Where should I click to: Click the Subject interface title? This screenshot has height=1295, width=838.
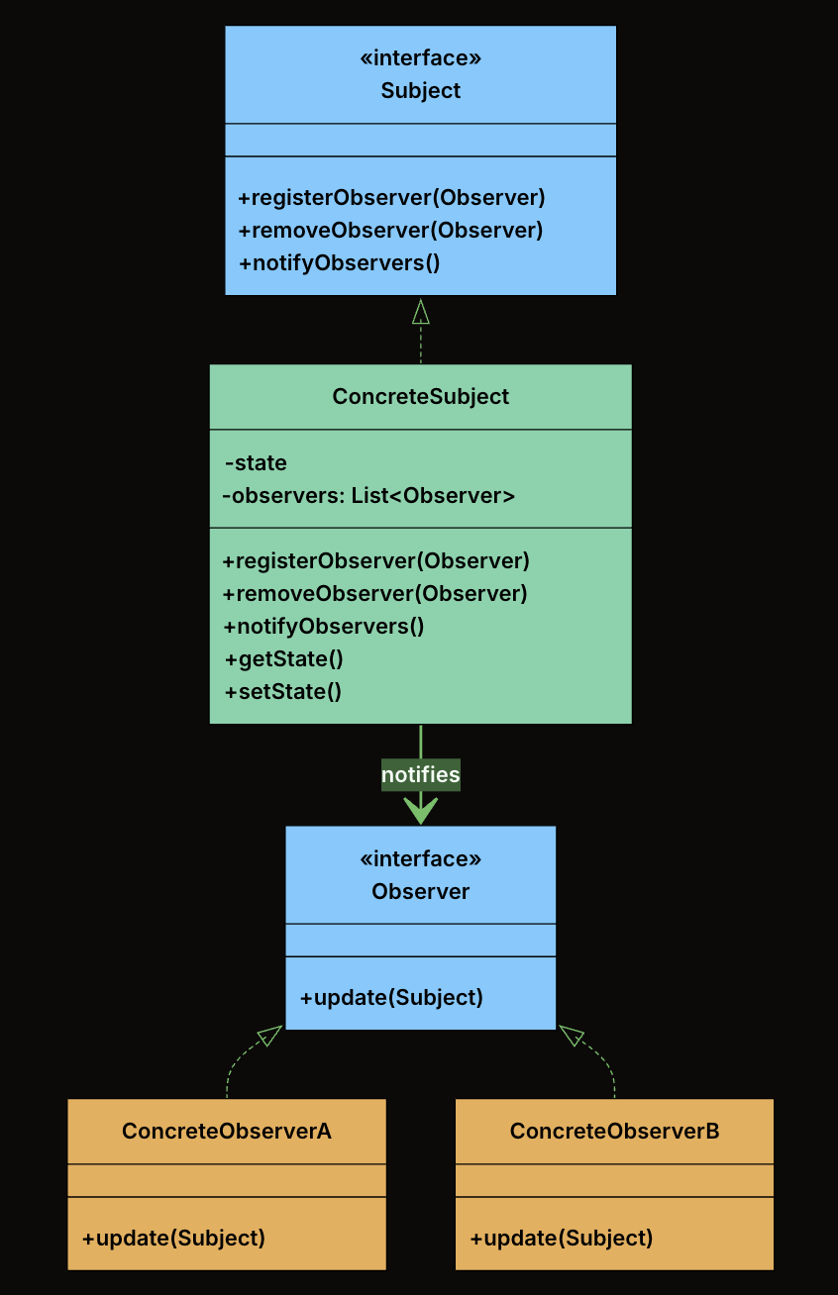pos(420,91)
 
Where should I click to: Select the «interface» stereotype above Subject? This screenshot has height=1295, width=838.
pos(420,58)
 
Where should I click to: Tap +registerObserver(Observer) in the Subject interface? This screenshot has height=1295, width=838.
pos(391,197)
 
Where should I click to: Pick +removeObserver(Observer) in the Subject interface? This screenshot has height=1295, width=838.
pos(390,230)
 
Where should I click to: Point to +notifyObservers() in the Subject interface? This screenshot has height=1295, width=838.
pos(339,262)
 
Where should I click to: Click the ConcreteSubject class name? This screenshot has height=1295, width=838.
pos(420,396)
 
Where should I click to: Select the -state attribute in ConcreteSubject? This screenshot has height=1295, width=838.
pos(256,462)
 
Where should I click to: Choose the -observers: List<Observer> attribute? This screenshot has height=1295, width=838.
pos(368,495)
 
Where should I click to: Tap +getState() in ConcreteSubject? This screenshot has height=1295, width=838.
pos(283,658)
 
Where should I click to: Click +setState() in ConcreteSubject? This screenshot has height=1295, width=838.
pos(282,691)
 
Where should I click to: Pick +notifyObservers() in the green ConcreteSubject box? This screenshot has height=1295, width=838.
pos(323,626)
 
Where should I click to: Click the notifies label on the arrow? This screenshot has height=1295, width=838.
pos(420,774)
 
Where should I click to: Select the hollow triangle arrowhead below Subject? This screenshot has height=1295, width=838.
pos(420,312)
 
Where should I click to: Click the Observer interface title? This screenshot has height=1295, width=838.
pos(420,891)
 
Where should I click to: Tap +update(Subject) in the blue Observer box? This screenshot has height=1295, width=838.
pos(391,997)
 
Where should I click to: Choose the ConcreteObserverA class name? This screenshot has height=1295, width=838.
pos(226,1131)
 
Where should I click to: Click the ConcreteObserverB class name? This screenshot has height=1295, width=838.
pos(614,1131)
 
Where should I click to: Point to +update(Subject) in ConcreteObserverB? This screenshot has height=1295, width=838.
pos(562,1237)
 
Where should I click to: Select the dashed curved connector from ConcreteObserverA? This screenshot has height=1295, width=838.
pos(236,1064)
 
